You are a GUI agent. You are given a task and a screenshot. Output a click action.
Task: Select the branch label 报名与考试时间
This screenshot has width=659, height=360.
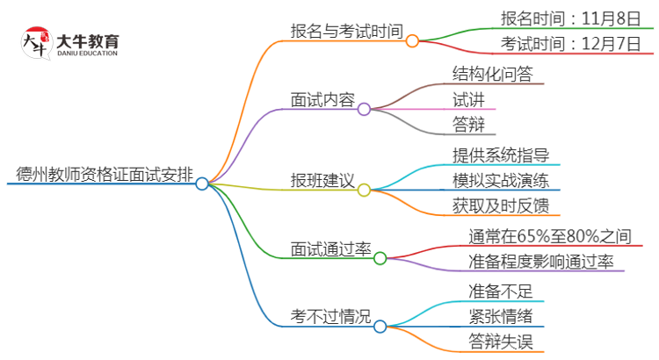pos(346,32)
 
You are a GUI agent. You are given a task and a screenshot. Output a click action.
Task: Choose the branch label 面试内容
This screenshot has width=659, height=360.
pos(322,100)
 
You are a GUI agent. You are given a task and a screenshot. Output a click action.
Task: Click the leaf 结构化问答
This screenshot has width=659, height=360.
pos(492,72)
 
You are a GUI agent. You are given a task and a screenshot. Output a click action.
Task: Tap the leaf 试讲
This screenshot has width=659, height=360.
pos(467,98)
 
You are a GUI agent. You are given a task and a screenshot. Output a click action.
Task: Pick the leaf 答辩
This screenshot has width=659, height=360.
pos(467,125)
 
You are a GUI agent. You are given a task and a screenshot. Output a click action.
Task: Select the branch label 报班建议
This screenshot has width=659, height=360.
pos(322,182)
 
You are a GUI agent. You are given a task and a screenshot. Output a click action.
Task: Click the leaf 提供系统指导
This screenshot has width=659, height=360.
pos(501,155)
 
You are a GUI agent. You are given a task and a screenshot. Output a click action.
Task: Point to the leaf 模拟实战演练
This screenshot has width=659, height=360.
pos(501,181)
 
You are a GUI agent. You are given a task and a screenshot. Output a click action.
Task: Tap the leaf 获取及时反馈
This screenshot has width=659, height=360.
pos(501,206)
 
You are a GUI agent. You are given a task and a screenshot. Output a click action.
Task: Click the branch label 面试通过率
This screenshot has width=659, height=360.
pos(330,249)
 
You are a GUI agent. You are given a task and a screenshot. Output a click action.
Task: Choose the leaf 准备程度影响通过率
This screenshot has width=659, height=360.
pos(541,261)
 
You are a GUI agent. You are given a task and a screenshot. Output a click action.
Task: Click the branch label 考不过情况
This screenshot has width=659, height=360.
pos(330,316)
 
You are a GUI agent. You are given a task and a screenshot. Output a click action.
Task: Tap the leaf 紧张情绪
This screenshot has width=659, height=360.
pos(500,316)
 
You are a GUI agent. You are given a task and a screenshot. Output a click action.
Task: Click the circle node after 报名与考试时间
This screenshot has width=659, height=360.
pos(412,40)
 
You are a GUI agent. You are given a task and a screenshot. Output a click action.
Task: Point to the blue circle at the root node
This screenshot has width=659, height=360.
pos(202,184)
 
